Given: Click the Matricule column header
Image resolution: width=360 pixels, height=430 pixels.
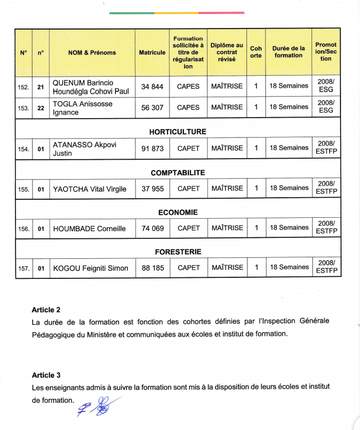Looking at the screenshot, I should click(152, 52).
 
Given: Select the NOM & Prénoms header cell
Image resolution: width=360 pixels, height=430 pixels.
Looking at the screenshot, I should click(92, 52).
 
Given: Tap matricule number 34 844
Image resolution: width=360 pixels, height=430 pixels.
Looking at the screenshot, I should click(152, 87).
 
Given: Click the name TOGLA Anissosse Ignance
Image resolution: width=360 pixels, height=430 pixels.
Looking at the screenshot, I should click(82, 108).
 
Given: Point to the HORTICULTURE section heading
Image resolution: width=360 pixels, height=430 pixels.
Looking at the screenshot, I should click(177, 132).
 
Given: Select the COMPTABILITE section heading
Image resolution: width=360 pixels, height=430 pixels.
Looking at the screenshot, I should click(177, 173).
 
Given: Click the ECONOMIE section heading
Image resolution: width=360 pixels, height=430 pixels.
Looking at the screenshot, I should click(177, 212).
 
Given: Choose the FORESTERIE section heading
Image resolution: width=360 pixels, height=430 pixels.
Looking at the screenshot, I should click(177, 252).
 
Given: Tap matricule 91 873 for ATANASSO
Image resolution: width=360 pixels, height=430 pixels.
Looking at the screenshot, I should click(152, 149).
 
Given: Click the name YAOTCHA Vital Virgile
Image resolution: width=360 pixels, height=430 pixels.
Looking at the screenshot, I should click(89, 189).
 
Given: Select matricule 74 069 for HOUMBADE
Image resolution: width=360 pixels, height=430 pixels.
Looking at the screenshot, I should click(152, 228).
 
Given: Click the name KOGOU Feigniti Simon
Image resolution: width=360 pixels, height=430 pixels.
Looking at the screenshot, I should click(90, 268).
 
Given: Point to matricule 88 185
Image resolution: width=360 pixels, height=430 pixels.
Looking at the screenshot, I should click(152, 268).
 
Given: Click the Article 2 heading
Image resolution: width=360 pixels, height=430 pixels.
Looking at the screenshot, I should click(46, 310).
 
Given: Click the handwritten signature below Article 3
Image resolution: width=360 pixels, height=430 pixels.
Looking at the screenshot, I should click(99, 406).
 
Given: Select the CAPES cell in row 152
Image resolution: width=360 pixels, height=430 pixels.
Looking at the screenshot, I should click(188, 87).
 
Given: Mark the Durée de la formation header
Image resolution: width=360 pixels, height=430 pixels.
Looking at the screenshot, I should click(288, 52).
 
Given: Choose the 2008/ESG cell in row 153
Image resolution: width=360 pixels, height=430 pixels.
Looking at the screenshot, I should click(325, 107).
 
